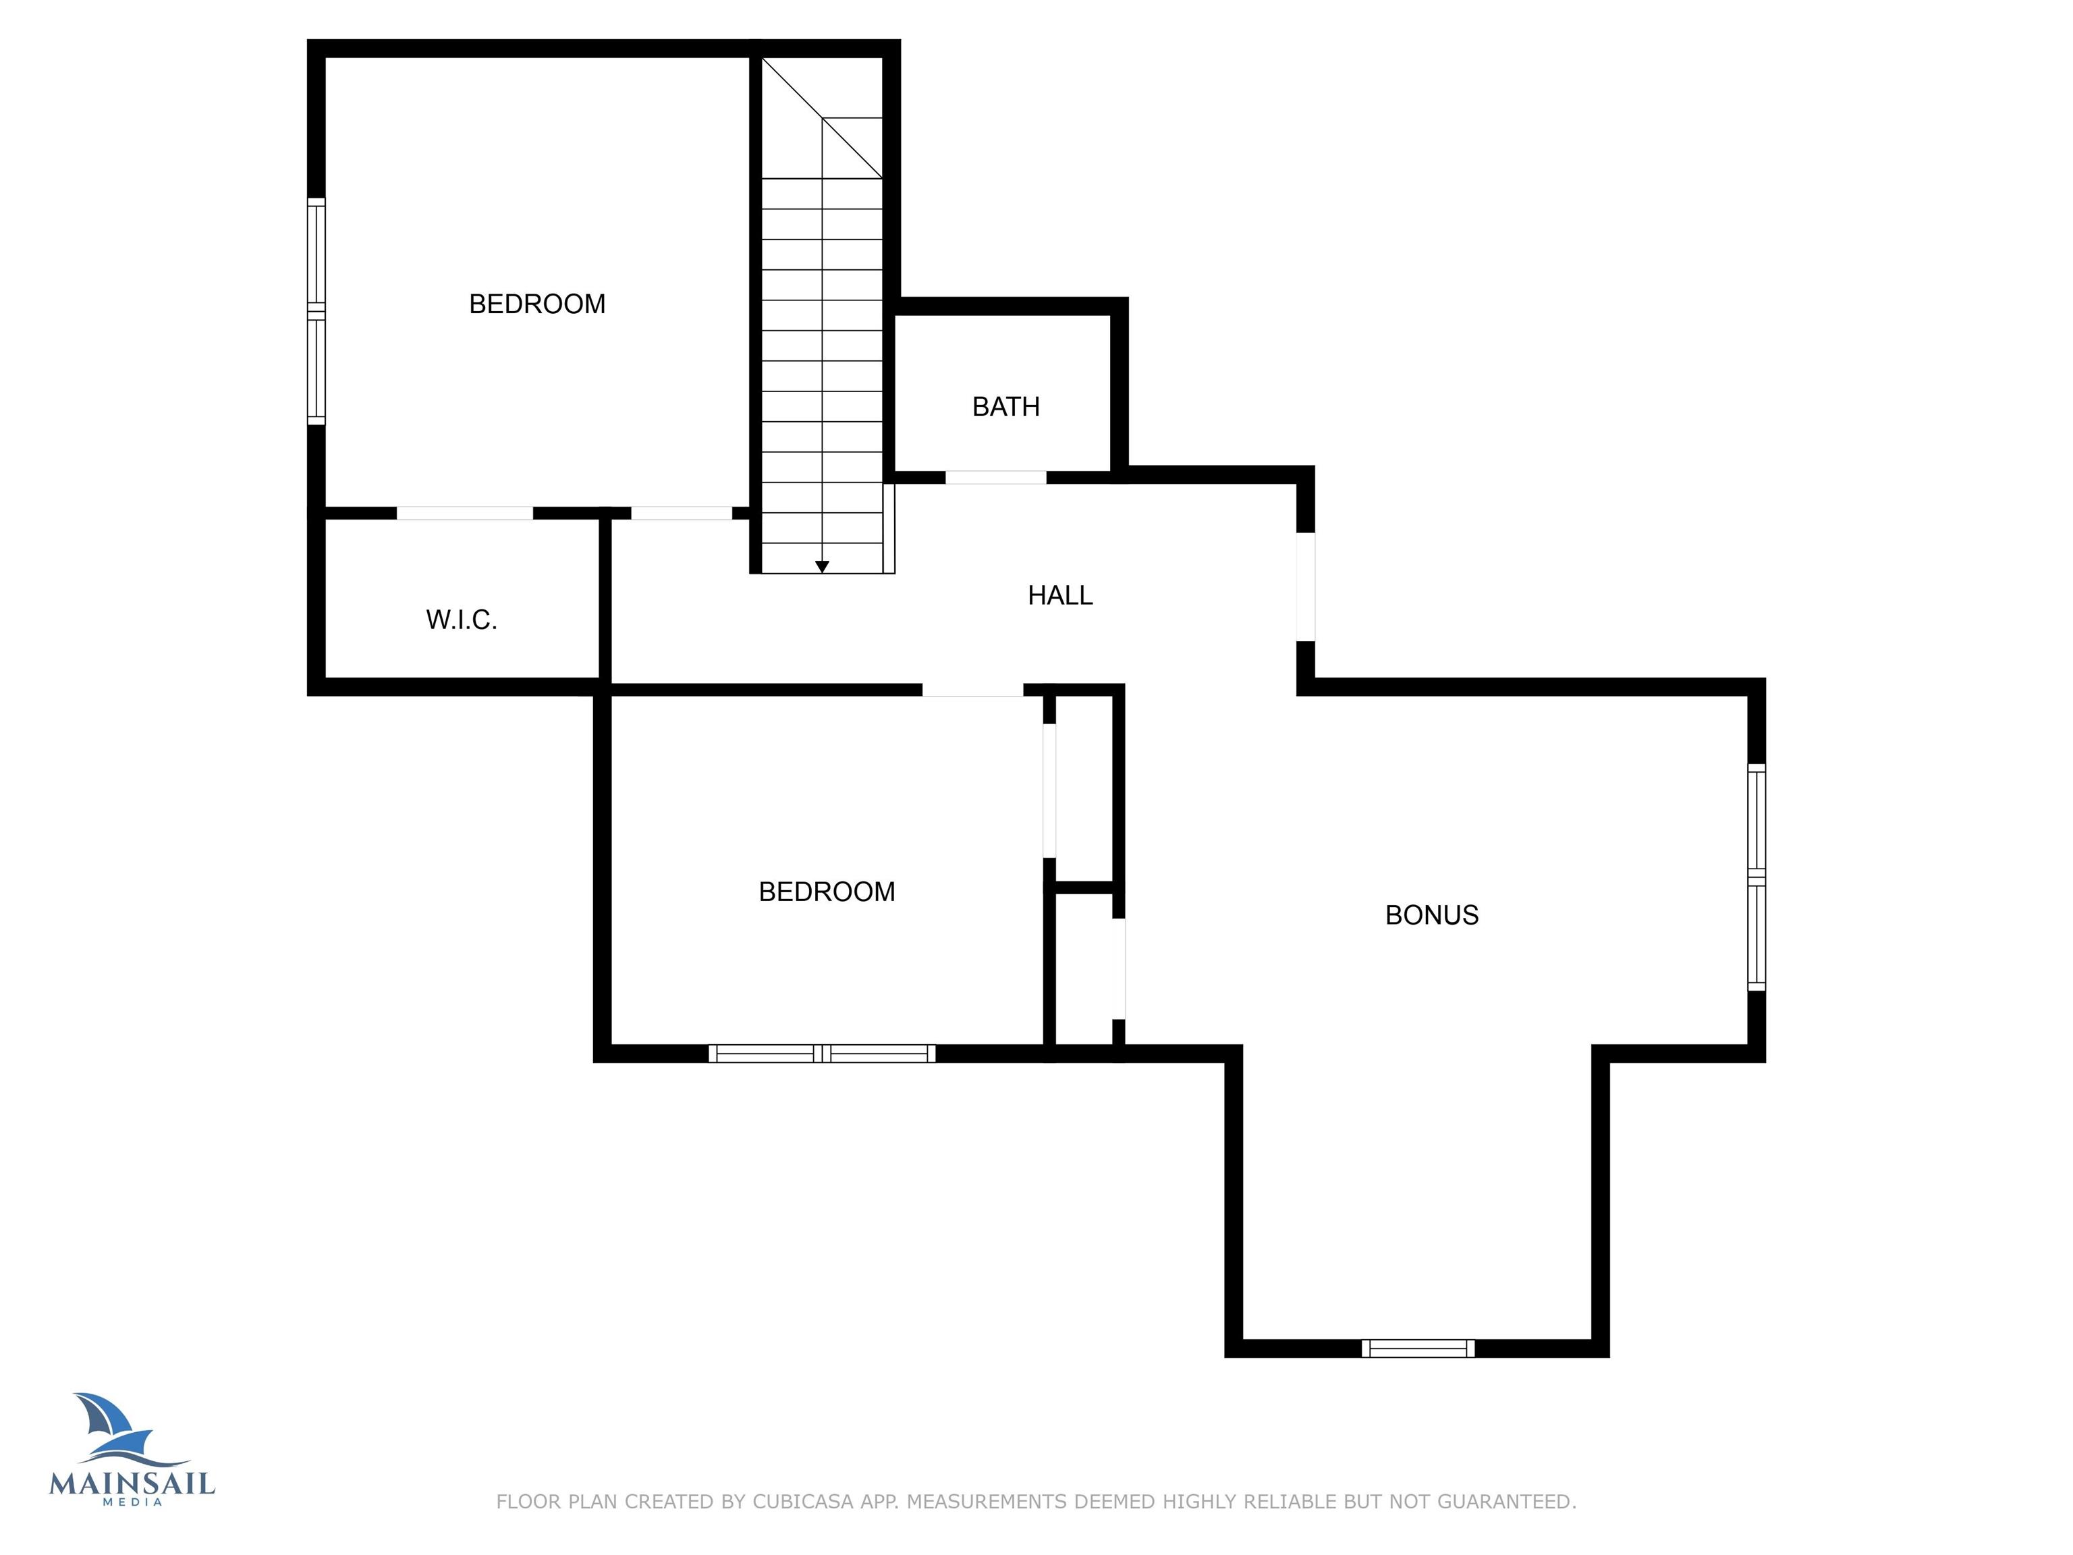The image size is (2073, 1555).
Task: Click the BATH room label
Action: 1005,407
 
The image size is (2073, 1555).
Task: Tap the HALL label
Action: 1060,595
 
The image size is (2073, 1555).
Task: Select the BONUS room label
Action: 1431,915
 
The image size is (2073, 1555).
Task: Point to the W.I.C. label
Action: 461,620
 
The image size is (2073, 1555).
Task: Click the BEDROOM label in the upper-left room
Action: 537,304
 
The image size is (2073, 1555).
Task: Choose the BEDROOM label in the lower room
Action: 827,892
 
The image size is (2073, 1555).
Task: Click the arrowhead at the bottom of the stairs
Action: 822,567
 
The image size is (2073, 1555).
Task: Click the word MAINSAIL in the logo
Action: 132,1483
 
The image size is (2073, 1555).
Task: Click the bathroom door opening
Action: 995,478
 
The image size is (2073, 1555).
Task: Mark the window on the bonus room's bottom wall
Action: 1418,1348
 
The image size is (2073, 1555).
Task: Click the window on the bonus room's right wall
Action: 1757,877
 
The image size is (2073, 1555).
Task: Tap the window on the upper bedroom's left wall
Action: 316,311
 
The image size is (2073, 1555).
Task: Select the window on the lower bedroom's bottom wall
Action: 822,1054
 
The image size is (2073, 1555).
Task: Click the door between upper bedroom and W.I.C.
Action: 465,514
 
